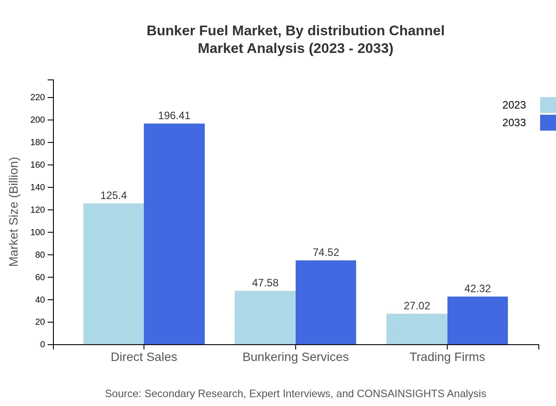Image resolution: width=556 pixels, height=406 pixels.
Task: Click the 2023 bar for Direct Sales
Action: tap(113, 274)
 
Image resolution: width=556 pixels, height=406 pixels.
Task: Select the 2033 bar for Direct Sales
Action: tap(174, 234)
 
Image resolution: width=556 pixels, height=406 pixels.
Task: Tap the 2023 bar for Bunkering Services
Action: tap(265, 317)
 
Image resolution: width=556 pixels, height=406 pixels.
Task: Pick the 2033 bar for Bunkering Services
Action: tap(326, 302)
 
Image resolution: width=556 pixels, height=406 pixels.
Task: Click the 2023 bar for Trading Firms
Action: tap(417, 329)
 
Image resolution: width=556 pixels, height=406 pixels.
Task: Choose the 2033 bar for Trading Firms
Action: tap(477, 320)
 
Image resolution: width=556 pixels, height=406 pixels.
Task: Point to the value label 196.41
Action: tap(174, 116)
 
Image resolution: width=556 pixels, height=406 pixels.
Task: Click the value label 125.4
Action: tap(113, 195)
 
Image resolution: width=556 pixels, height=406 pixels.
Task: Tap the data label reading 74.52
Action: tap(326, 252)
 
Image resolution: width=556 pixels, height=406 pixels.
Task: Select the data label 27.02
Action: tap(417, 306)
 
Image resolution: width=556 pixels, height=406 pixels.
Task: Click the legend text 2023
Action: tap(514, 105)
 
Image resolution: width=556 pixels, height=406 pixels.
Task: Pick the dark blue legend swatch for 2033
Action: tap(548, 123)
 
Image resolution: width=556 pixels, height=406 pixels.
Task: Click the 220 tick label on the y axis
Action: tap(38, 97)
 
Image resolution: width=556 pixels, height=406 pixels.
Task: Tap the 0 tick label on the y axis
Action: tap(43, 344)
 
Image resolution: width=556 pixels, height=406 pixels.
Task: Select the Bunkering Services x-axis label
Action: tap(296, 357)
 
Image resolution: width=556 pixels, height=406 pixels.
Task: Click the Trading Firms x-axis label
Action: tap(447, 357)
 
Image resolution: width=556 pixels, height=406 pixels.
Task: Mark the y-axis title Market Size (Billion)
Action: tap(14, 212)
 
